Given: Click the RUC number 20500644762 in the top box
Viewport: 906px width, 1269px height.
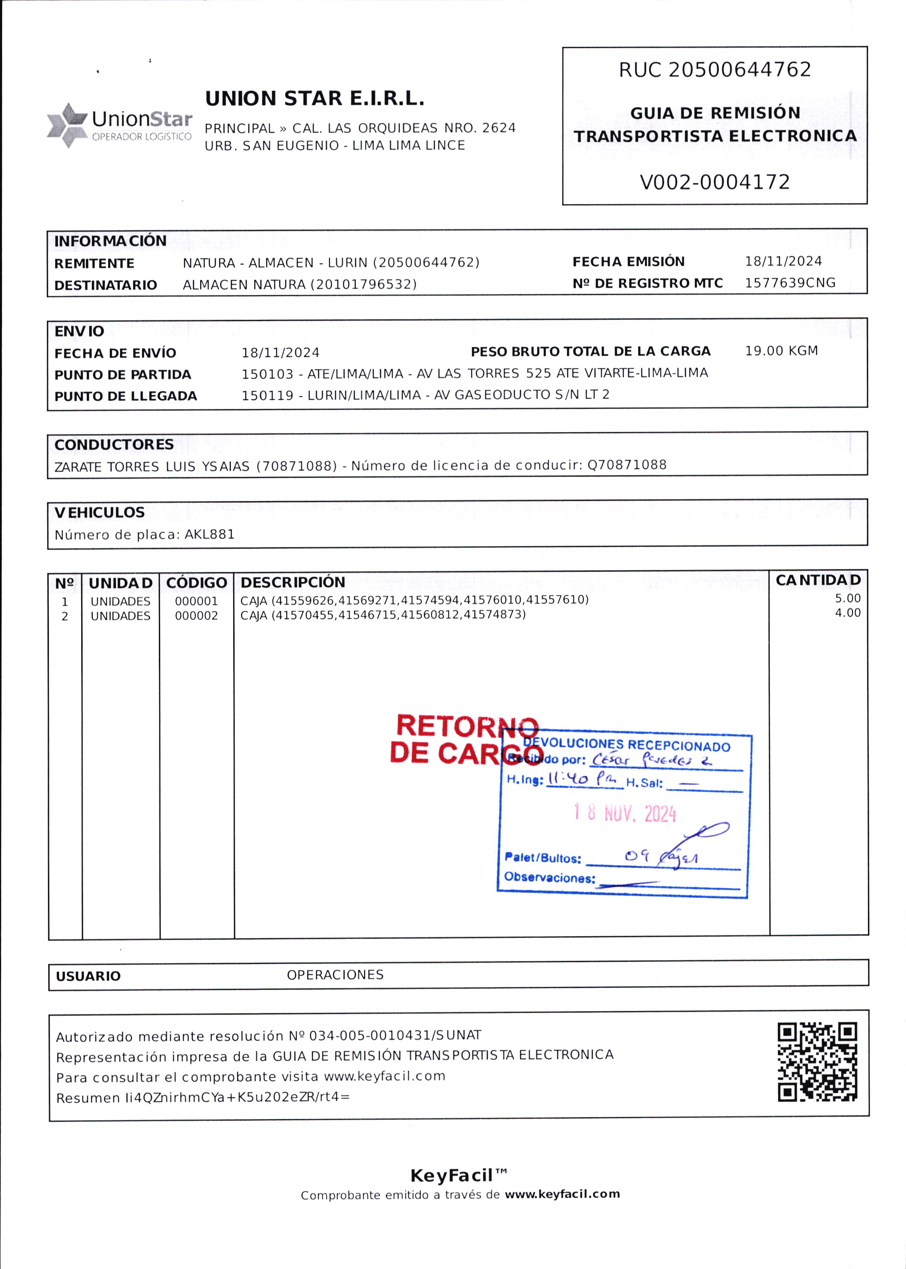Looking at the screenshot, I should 740,70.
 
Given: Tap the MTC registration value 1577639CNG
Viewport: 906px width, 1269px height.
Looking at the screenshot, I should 790,283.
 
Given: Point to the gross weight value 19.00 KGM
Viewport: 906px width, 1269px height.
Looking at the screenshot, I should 781,351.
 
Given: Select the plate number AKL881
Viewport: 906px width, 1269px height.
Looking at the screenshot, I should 209,534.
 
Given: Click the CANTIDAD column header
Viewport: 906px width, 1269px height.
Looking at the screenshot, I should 818,580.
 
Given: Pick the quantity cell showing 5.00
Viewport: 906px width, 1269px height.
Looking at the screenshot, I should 847,598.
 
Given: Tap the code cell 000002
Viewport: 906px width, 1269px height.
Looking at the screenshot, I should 196,616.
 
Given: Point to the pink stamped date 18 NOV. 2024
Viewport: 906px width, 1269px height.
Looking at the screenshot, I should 625,814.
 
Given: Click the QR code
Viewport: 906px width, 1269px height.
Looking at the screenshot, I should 817,1062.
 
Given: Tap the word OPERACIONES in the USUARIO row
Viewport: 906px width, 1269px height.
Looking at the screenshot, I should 335,975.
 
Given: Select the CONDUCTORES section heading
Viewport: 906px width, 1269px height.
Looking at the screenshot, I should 114,445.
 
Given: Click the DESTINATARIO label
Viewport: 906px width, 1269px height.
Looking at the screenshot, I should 106,285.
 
